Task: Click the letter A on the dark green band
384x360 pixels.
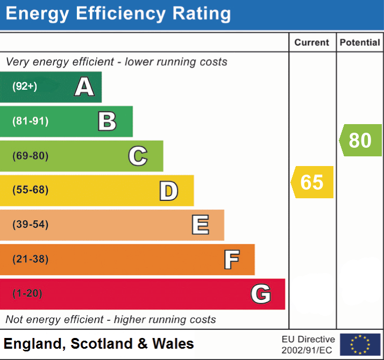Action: pos(84,87)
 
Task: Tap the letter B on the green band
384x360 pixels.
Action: pos(107,121)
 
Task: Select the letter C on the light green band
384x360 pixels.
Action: pos(138,156)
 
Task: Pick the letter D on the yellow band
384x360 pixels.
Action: pos(168,191)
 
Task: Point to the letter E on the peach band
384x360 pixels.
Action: pos(200,225)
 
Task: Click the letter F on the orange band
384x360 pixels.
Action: pos(231,260)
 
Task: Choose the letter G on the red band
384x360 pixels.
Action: pos(260,294)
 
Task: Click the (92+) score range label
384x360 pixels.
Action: pos(25,87)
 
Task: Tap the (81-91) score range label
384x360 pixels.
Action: pos(30,121)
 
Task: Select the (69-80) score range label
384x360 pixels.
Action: pos(30,156)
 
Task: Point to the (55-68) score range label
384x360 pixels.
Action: pos(30,190)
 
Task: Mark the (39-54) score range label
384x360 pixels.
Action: pos(30,225)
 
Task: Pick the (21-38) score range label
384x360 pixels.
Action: pos(30,260)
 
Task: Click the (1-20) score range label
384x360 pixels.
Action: pos(27,294)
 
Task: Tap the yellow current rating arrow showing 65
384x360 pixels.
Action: pos(312,182)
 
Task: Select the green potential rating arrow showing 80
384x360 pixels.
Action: pos(360,140)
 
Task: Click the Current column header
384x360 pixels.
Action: pos(312,42)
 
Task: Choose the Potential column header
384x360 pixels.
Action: pos(360,42)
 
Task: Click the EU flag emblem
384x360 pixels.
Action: pos(360,344)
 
